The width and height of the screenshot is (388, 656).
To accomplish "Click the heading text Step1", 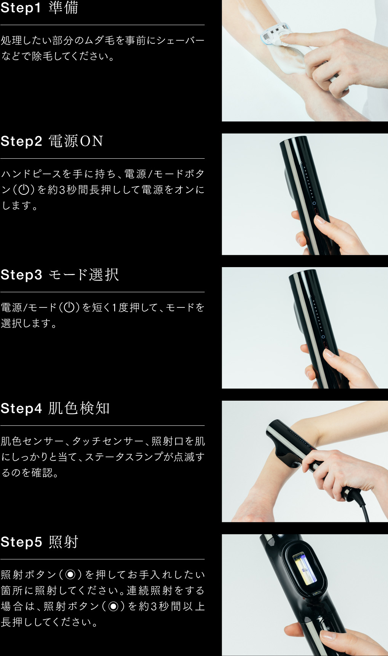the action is tap(21, 8).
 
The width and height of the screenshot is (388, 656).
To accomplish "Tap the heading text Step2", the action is tap(21, 141).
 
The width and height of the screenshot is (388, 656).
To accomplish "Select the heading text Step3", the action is tap(21, 275).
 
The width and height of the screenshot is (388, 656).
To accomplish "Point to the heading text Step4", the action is tap(21, 408).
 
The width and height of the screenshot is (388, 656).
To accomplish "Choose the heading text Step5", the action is tap(21, 542).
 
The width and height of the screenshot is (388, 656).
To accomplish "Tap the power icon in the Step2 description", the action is tap(24, 189).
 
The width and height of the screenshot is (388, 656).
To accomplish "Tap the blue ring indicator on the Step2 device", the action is tap(314, 203).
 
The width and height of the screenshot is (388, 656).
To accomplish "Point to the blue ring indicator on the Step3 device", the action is tap(323, 337).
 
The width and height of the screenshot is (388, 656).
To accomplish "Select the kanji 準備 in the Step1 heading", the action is tap(63, 8).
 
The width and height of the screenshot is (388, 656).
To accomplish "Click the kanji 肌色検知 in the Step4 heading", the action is tap(79, 408).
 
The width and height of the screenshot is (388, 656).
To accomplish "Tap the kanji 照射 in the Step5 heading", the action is tap(63, 542).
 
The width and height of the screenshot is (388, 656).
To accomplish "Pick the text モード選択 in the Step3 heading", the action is tap(84, 275).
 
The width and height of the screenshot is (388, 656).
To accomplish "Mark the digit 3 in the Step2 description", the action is tap(62, 189).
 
